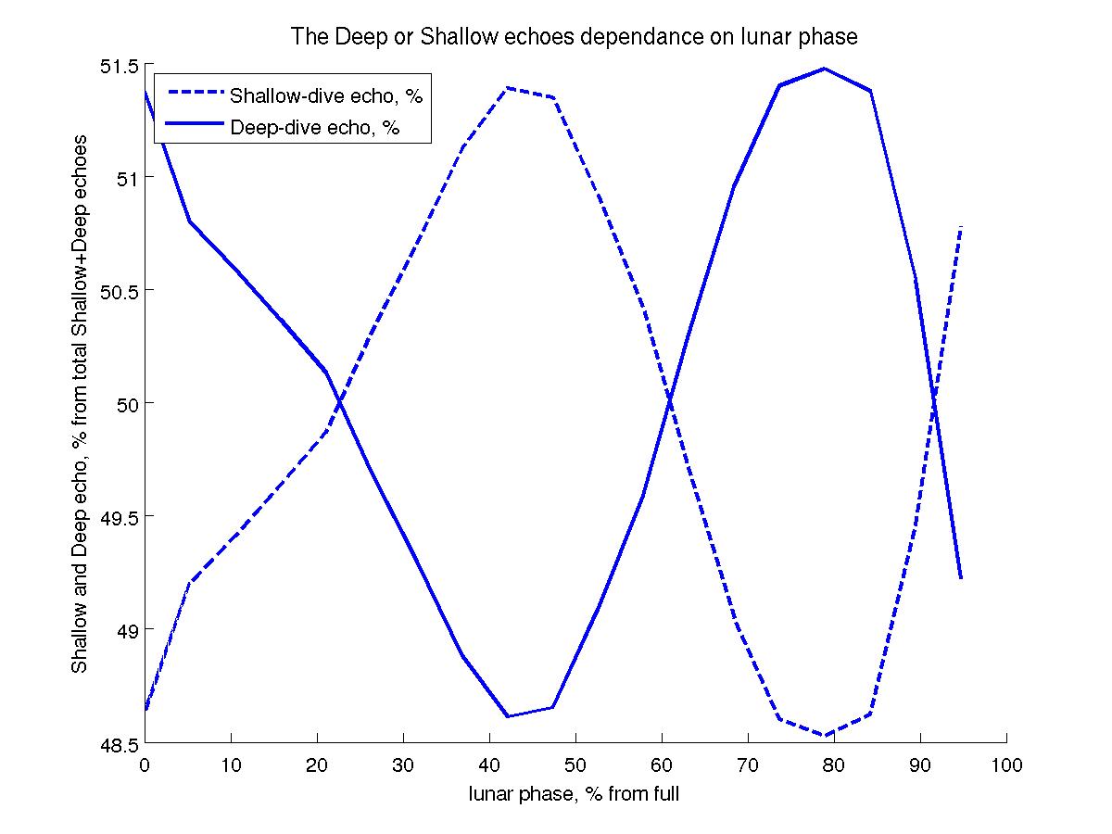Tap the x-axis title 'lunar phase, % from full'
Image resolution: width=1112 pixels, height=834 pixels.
click(575, 793)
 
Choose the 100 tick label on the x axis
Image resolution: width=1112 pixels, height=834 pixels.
click(1006, 765)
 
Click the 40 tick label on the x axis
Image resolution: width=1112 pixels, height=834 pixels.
click(489, 765)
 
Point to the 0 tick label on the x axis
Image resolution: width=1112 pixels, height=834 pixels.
click(145, 765)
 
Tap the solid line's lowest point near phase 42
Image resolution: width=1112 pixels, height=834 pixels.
click(508, 716)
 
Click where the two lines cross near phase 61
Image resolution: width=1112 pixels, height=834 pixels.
click(668, 400)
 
